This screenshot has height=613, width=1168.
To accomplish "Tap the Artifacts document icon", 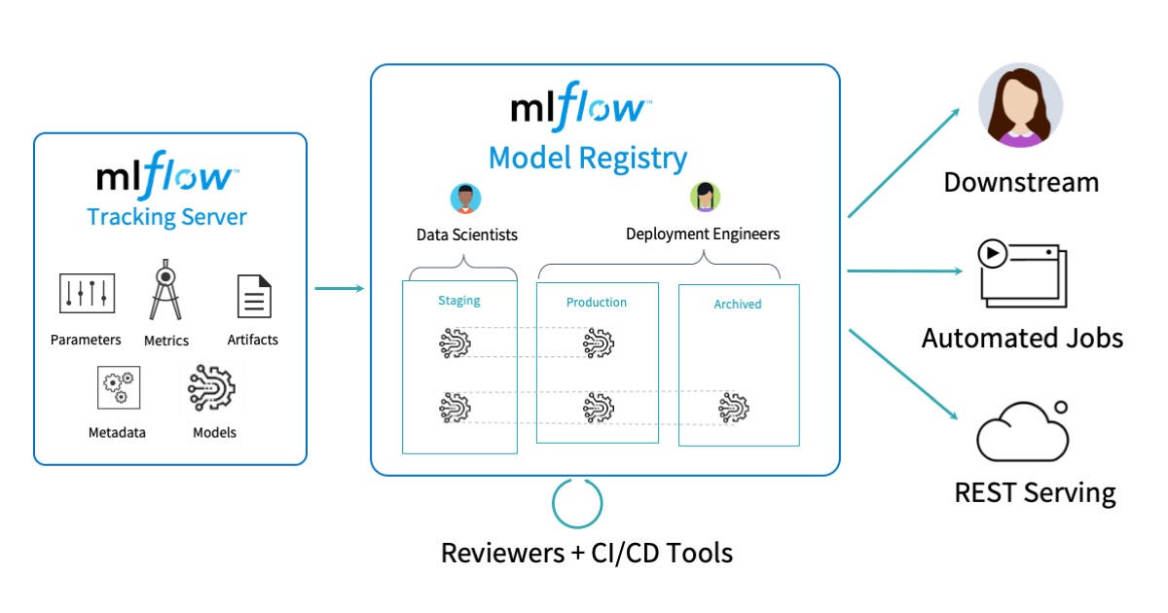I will point(253,296).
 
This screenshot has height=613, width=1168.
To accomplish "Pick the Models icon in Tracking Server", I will point(212,386).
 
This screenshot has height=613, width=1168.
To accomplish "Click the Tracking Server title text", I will point(166,216).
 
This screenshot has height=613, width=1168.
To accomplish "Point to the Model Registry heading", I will point(587,158).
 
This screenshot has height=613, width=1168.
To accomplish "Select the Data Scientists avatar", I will point(466,198).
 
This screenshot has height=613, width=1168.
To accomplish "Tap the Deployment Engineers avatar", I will point(705,197).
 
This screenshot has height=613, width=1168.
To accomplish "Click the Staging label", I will point(459,301).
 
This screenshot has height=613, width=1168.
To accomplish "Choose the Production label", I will point(597,303).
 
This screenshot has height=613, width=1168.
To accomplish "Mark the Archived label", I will point(738,305).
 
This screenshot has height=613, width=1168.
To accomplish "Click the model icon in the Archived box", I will point(734,407).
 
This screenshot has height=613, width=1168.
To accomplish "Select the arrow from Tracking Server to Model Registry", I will point(339,288).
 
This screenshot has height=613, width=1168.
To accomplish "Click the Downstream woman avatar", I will point(1019,106).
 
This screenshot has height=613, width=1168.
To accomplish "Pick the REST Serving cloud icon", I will point(1022,432).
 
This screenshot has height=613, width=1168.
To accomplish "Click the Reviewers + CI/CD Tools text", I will point(587,554).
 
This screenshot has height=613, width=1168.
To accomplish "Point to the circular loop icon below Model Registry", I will point(577,503).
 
